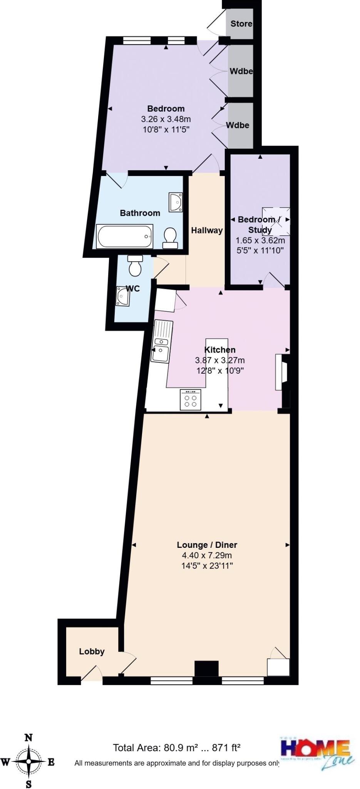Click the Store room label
[241, 24]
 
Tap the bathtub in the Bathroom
[125, 237]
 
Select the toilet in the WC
[135, 266]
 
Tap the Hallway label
[207, 230]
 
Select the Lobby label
[92, 651]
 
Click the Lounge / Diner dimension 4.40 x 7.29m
[207, 555]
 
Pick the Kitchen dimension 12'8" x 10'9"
[220, 371]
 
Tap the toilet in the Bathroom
[170, 237]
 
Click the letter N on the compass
[28, 738]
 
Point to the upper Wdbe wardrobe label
[241, 71]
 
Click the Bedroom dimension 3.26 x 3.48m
[166, 119]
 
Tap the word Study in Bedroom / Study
[260, 230]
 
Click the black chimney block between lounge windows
[206, 669]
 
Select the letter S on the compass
[28, 784]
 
